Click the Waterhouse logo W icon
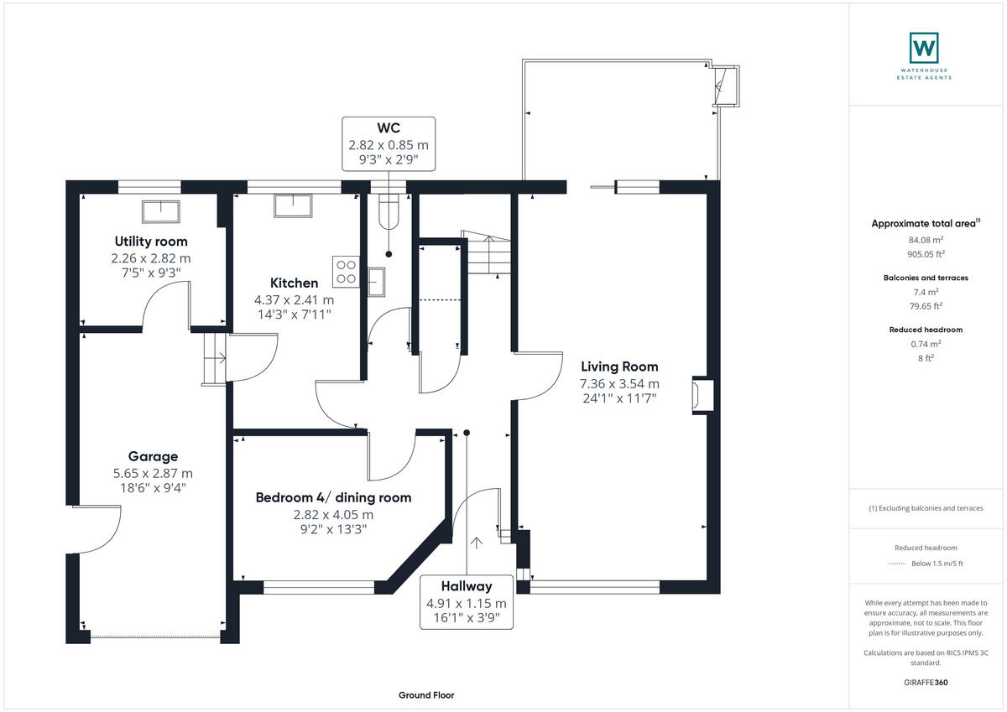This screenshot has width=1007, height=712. coord(924,48)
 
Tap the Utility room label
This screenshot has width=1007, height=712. coord(151,242)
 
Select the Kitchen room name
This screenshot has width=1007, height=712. coord(294,283)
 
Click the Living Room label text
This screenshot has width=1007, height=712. coord(619,366)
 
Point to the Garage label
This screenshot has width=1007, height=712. coord(153,456)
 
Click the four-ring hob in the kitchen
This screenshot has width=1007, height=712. coord(346,272)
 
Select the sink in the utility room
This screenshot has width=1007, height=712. coord(161,211)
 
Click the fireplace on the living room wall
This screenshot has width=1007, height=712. coord(702,395)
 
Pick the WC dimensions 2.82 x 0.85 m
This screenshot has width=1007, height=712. coord(389,145)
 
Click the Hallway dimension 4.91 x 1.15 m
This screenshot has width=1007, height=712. coord(467,603)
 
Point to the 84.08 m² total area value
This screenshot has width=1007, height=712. coord(926,240)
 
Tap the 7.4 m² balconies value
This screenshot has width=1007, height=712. coord(926,292)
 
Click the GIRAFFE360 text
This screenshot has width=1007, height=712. coord(926,683)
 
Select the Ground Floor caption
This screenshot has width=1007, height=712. coord(426,695)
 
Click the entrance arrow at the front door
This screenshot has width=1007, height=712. coord(476,543)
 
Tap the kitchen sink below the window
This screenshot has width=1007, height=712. coord(293,205)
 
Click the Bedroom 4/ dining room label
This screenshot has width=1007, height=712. coord(333,497)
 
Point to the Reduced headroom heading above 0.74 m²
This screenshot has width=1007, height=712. coord(926,330)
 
